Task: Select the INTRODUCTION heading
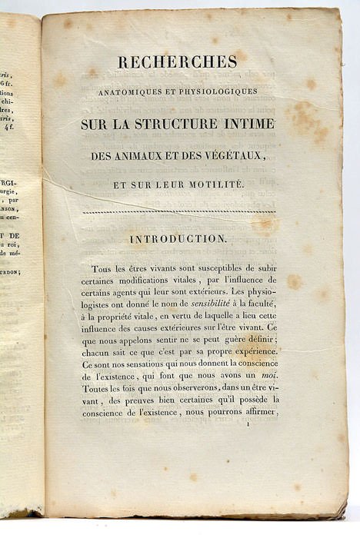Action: [178, 239]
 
